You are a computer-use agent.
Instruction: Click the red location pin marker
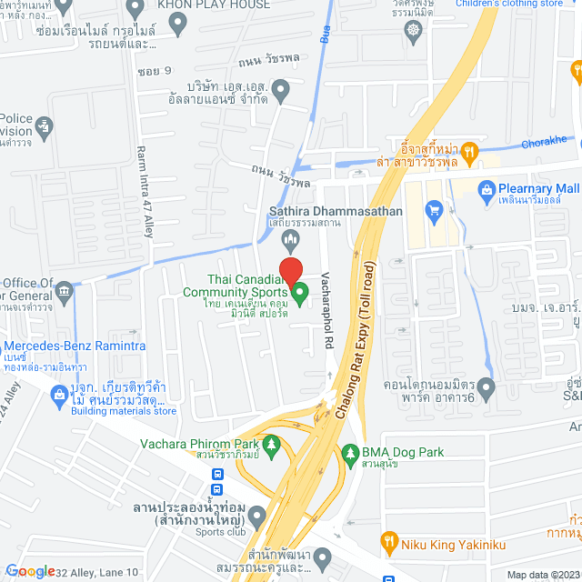(290, 272)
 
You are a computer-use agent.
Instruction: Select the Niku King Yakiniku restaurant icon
(389, 543)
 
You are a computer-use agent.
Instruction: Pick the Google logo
(29, 571)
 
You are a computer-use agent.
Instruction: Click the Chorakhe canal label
(546, 141)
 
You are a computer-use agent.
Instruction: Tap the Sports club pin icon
(257, 518)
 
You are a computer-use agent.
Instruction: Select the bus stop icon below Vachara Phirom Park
(218, 475)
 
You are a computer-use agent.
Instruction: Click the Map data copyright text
(541, 574)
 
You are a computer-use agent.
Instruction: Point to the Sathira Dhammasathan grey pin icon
(291, 241)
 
